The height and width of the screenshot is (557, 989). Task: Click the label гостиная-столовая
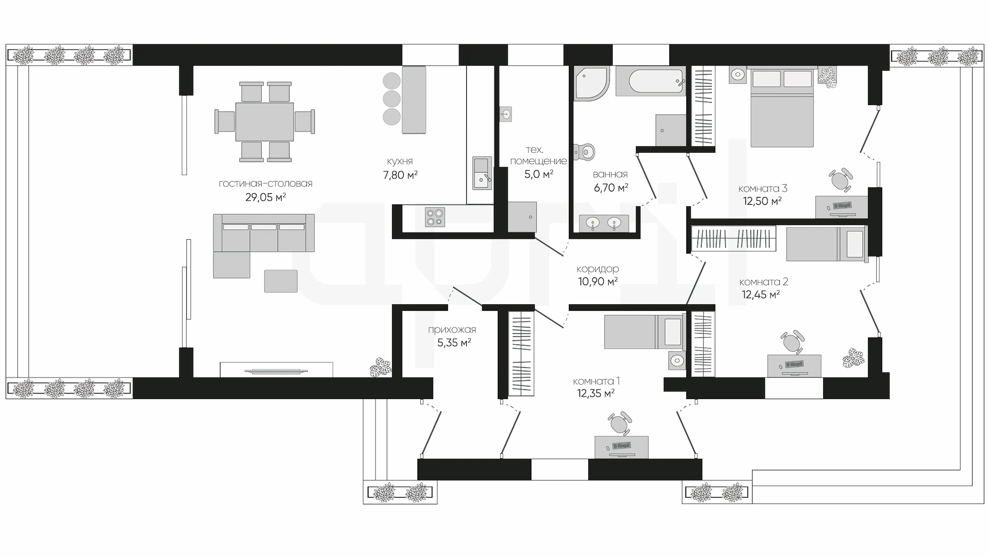coord(265,184)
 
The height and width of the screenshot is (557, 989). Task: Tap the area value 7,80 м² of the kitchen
coord(400,175)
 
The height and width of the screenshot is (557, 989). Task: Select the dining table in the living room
coord(265,122)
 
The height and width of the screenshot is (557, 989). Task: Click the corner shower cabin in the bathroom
coord(592,83)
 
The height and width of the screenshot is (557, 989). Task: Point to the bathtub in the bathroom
coord(651,81)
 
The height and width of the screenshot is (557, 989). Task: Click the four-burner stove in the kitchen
coord(435,217)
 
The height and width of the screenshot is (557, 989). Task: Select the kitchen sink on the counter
coord(482,173)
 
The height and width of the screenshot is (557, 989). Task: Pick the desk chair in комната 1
coord(619,423)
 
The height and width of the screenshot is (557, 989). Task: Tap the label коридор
coord(598,269)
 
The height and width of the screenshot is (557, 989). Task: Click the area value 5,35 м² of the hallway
coord(454,342)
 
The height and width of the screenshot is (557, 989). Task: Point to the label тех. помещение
coord(538,155)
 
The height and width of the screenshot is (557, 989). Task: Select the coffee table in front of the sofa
coord(281,281)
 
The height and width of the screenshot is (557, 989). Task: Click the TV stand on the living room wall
coord(277,369)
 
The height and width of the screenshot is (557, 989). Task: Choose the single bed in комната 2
coord(826,244)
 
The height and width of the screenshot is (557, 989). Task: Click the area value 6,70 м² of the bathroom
coord(611,188)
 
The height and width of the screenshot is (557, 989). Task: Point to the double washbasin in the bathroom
coord(604,223)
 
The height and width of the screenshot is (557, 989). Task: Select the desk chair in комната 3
coord(840,180)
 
